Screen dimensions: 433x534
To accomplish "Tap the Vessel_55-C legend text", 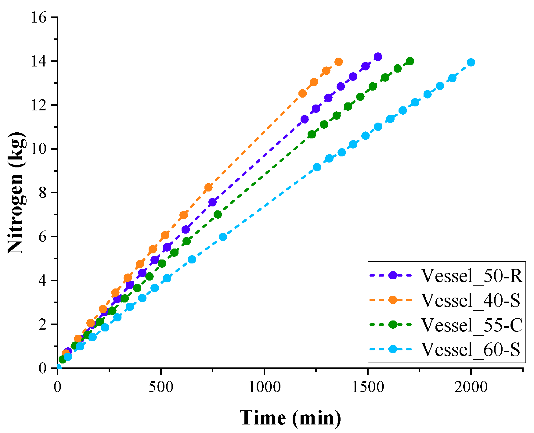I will coord(472,325).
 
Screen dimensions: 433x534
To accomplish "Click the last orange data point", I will coord(338,62).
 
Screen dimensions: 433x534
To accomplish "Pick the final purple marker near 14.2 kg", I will coord(378,57).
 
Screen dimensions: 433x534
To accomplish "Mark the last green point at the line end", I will coord(410,61).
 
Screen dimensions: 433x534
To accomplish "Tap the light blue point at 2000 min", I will coord(471,62).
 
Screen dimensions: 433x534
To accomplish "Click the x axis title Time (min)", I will coord(290,418).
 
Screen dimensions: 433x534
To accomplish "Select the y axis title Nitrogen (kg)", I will coord(16,193).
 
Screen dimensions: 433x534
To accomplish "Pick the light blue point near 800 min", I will coord(223,237).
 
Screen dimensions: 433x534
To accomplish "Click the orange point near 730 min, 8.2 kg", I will coord(208,188).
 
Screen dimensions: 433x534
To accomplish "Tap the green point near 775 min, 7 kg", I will coord(218,214).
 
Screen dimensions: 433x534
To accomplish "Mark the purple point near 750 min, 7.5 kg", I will coord(213,202).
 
